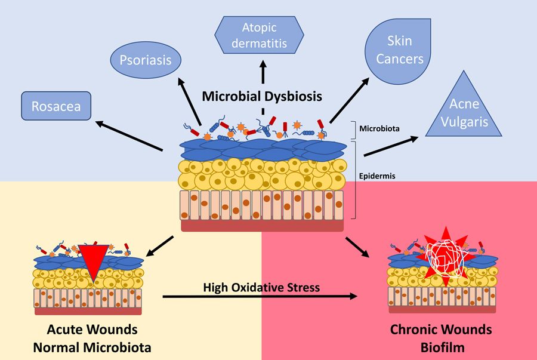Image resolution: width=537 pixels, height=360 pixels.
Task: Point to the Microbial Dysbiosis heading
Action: [x=263, y=96]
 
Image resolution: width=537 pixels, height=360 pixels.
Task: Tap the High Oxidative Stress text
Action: [x=261, y=287]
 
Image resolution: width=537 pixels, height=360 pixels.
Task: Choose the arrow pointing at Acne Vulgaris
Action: [x=389, y=144]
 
